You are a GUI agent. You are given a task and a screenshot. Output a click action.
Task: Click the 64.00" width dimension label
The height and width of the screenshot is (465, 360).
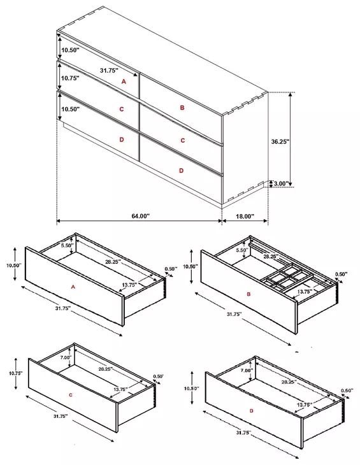point(141,216)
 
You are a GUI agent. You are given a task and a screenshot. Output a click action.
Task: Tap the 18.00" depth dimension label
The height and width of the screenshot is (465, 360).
point(245,216)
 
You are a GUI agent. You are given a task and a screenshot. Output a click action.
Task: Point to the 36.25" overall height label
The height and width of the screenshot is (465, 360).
point(280,141)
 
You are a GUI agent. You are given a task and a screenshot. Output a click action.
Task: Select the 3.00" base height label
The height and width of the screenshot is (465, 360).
point(281,183)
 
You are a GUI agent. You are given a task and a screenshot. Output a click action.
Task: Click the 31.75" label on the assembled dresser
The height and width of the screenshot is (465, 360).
point(109,70)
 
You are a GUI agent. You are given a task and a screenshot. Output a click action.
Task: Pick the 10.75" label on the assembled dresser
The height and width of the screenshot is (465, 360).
point(70,78)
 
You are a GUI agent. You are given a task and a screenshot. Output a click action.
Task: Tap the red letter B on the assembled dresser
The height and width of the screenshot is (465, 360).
point(182,108)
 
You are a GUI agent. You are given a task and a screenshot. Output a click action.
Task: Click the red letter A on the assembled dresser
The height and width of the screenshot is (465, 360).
point(124,82)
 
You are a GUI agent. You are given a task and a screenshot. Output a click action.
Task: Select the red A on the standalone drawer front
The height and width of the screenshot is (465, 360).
point(73,287)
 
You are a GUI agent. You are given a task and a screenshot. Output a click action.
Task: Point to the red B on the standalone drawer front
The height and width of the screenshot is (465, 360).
point(248,294)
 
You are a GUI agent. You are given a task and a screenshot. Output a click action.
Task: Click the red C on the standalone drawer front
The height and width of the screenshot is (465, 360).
point(70,395)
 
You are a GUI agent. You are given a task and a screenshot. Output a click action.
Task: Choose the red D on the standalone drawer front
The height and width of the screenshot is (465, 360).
point(252,411)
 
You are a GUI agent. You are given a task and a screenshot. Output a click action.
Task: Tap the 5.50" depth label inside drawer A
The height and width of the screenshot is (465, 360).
point(67,245)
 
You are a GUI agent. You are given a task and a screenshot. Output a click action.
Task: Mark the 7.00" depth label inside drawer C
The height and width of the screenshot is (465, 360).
point(66,357)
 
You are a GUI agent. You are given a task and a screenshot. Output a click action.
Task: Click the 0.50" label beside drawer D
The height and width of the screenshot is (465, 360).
point(347,390)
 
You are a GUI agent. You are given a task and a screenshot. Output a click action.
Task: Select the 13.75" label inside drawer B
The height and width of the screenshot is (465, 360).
point(304,292)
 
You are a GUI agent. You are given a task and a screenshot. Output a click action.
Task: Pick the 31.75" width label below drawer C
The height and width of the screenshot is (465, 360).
point(61,416)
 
